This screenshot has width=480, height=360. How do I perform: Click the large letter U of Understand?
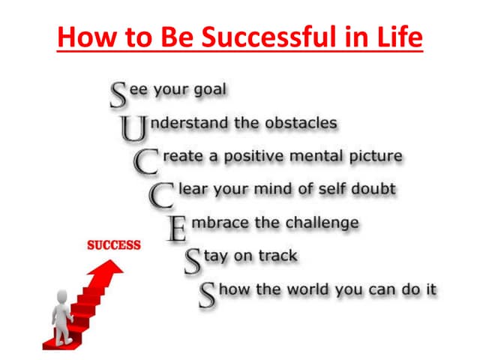(x=132, y=129)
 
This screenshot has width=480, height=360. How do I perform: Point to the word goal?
(x=208, y=91)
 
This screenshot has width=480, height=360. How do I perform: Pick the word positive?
(x=253, y=157)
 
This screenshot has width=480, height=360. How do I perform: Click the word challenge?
(x=319, y=223)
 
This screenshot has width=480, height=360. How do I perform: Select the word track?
(x=278, y=256)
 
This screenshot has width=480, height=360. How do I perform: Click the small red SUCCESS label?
(x=114, y=245)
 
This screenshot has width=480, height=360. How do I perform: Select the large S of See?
(x=118, y=95)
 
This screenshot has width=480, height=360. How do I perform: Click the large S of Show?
(x=208, y=295)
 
